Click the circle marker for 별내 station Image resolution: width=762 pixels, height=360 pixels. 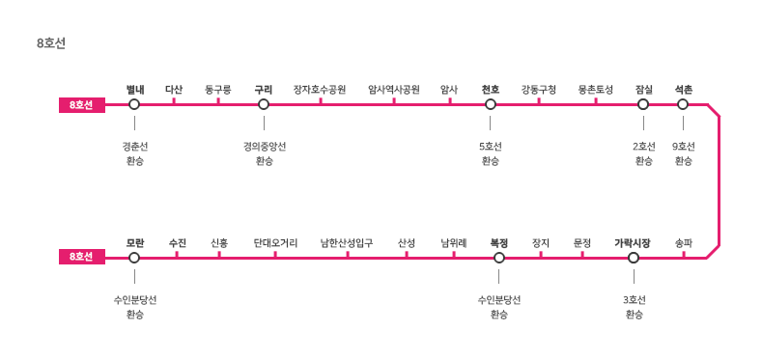tap(134, 104)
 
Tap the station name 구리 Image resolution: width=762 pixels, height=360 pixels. tap(264, 90)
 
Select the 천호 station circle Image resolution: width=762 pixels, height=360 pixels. tap(491, 104)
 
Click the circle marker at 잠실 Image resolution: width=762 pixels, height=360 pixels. tap(643, 104)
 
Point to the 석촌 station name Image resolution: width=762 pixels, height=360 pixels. tap(683, 90)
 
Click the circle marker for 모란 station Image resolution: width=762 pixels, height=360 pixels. tap(134, 258)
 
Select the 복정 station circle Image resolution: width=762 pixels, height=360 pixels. tap(499, 258)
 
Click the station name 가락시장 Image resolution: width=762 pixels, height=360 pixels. tap(633, 243)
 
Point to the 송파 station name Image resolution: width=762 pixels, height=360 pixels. tap(683, 243)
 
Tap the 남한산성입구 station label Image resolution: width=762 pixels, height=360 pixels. tap(347, 243)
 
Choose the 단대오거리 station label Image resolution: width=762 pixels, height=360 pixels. tap(275, 243)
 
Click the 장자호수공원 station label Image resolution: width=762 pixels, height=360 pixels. tap(320, 90)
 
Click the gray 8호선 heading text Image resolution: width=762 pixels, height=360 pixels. tap(51, 43)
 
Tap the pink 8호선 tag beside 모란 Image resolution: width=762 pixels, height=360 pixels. tap(82, 257)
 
